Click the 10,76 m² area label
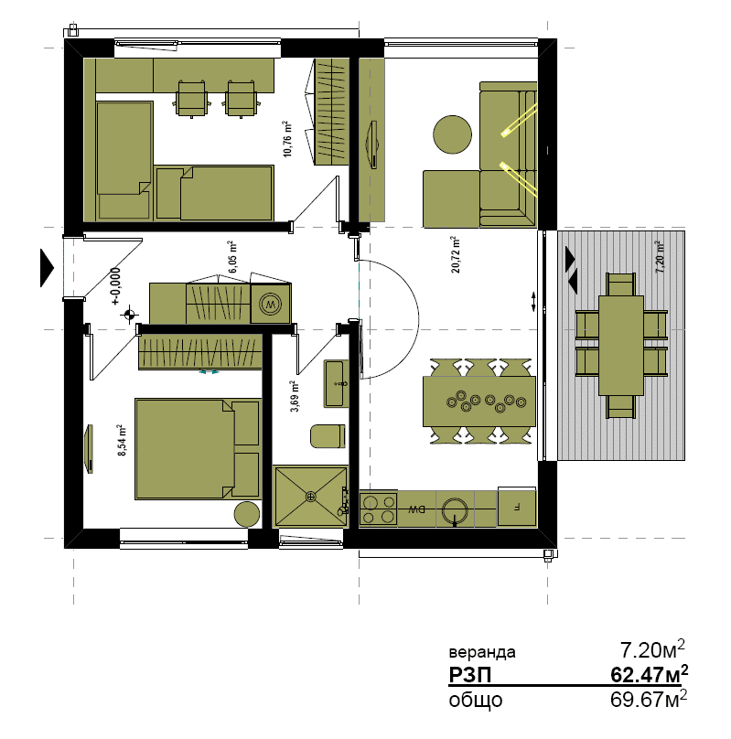[287, 139]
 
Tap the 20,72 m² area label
[456, 254]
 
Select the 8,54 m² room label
[122, 440]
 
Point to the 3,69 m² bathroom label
[295, 396]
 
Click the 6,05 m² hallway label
[232, 257]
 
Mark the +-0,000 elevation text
[116, 286]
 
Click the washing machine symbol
[270, 304]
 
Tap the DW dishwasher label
[416, 509]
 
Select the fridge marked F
[517, 508]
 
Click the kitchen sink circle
[455, 510]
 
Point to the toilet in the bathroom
[328, 436]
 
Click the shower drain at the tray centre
[310, 496]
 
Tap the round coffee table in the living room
[452, 134]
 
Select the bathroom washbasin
[336, 383]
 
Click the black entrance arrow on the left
[48, 268]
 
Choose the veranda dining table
[621, 346]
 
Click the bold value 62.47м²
[649, 674]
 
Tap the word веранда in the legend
[482, 652]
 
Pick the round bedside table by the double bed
[247, 514]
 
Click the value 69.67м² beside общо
[648, 699]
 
